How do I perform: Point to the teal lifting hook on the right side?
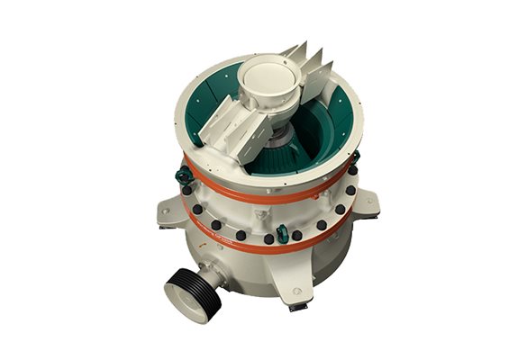[353, 162]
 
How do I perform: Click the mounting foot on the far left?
[168, 211]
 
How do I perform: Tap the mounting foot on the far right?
[366, 206]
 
